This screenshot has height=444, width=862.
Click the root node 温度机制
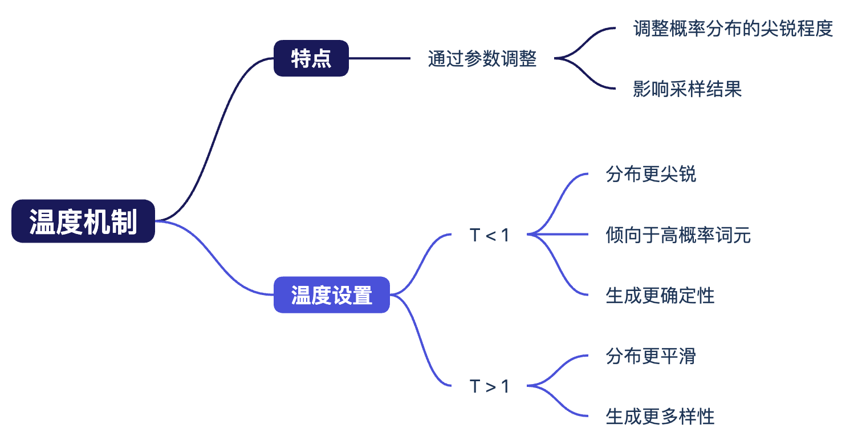click(x=83, y=221)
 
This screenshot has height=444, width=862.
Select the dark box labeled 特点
click(x=311, y=58)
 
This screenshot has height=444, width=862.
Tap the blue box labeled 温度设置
click(x=331, y=295)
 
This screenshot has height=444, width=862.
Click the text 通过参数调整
click(x=482, y=59)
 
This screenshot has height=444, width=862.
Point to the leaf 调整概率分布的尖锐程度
click(x=733, y=29)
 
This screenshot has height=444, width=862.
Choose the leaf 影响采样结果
click(x=688, y=89)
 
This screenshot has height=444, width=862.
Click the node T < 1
click(x=489, y=235)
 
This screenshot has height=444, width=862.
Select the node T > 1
click(x=489, y=386)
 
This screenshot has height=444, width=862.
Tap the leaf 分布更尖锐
click(x=651, y=174)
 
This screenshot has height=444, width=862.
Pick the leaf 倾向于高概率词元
click(x=678, y=235)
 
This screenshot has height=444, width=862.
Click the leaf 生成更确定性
click(x=660, y=295)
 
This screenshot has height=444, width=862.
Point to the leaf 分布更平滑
click(x=651, y=357)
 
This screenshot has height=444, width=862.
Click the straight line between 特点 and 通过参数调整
click(x=379, y=58)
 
